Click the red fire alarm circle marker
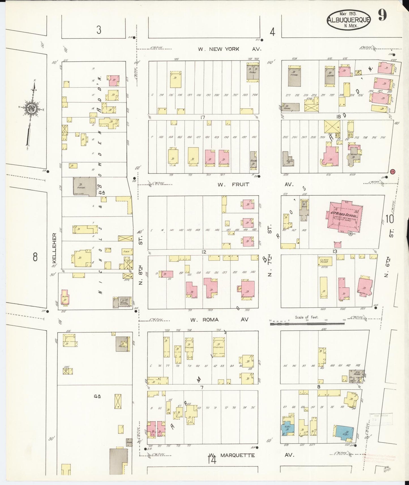click(392, 171)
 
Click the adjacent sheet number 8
click(35, 257)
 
